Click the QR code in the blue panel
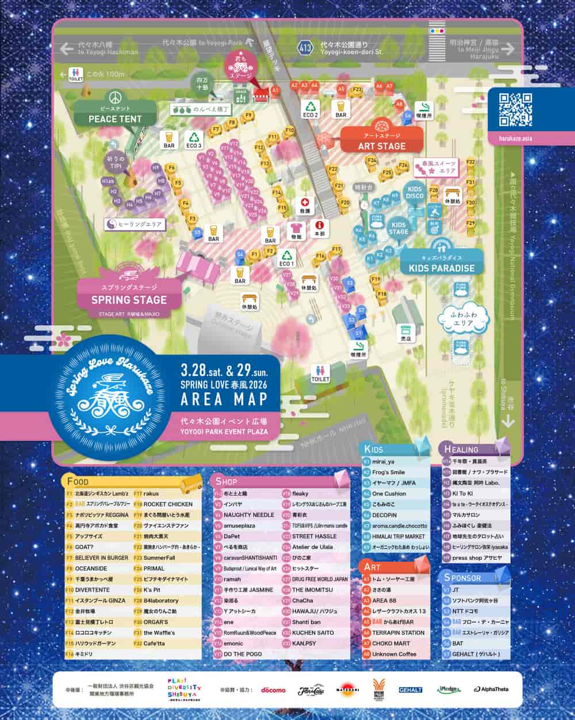pos(515,109)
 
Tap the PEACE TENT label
pos(115,119)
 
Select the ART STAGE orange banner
pos(382,146)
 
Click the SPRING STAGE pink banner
pos(129,299)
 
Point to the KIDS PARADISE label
pos(442,268)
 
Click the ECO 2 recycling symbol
pos(311,108)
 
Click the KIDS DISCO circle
pos(415,192)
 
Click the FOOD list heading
pos(78,481)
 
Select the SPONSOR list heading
pos(462,577)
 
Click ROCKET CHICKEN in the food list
pos(167,504)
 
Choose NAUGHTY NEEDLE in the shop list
pos(248,515)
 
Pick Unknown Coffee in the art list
pos(394,654)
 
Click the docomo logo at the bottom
pos(273,689)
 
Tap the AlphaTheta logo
pos(490,689)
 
